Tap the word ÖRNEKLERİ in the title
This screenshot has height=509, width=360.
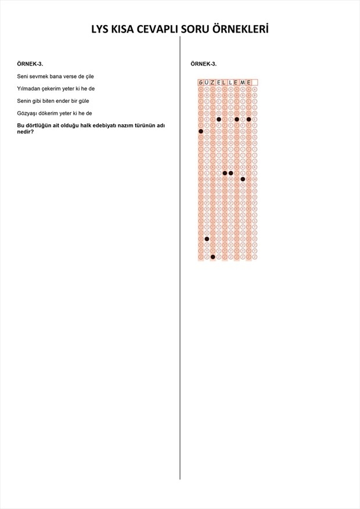tap(241, 30)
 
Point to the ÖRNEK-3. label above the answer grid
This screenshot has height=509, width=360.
tap(203, 63)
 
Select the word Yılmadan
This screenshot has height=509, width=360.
tap(28, 88)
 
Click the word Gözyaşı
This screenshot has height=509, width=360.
tap(28, 113)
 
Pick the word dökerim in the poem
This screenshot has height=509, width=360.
tap(51, 113)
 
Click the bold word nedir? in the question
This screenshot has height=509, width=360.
tap(25, 131)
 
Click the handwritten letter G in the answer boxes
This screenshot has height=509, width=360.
tap(201, 83)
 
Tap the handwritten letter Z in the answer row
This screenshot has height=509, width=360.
tap(213, 83)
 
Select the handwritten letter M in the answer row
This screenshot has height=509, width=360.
tap(243, 83)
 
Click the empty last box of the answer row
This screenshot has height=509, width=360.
tap(254, 83)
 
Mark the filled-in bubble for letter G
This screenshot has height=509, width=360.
tap(201, 131)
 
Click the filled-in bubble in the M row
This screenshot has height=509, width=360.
tap(243, 179)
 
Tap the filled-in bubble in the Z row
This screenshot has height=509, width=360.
tap(213, 256)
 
